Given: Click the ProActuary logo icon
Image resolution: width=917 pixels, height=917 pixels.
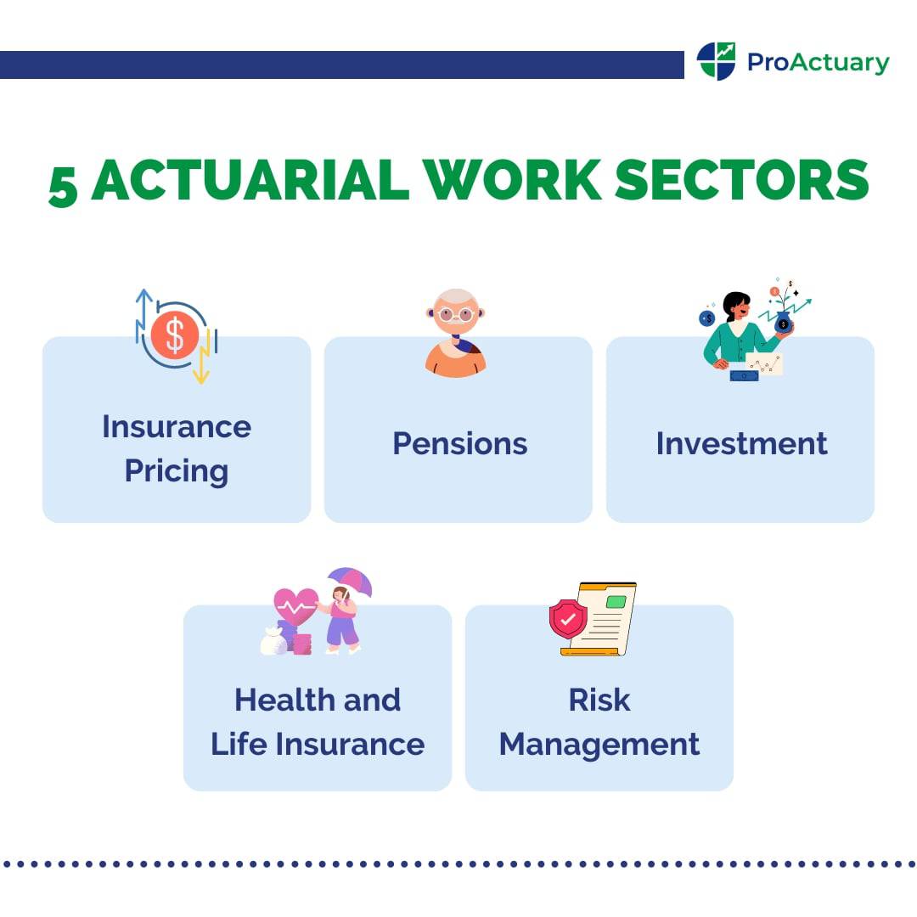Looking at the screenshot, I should point(716,61).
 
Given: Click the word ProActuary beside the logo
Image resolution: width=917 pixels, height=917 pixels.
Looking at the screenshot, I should point(818,62).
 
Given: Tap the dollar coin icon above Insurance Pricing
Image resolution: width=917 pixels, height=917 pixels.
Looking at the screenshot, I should point(175,335).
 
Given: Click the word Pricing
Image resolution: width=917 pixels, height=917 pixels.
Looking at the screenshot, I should point(177,470).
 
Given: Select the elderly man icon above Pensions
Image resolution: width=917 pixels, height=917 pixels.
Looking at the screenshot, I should point(457,333).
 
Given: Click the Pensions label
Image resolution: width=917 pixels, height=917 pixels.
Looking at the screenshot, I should point(459,443).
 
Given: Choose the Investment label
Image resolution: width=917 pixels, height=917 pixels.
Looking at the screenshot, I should point(741,443).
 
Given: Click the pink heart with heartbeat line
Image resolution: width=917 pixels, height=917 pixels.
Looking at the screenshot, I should point(295,606).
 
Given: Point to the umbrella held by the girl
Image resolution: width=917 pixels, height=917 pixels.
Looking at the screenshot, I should point(351,582).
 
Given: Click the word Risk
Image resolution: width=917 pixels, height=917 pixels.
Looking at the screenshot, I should point(599,700).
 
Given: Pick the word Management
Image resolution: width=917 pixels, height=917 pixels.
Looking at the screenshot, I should point(599,744).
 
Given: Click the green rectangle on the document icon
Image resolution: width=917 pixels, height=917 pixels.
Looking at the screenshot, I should point(616,601).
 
